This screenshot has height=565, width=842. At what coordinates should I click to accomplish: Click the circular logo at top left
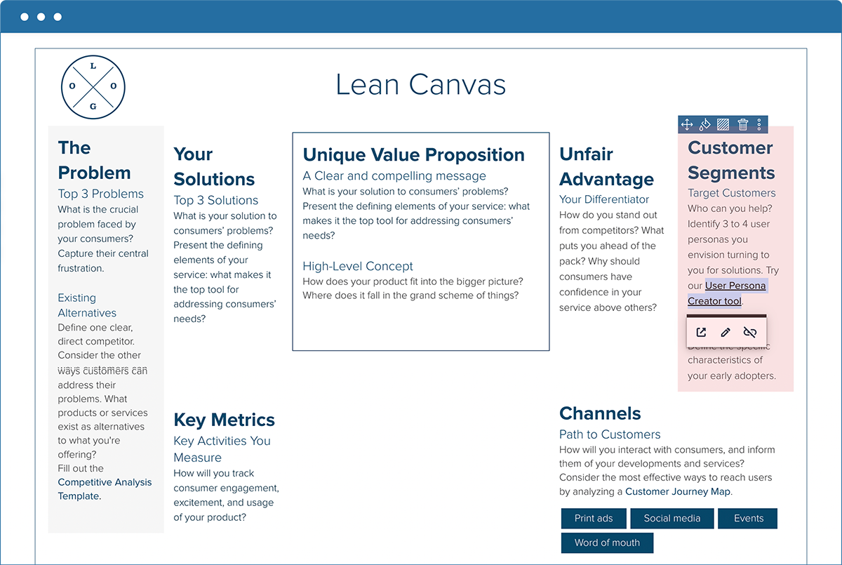(x=93, y=86)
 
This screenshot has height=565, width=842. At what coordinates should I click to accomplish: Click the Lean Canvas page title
(x=420, y=85)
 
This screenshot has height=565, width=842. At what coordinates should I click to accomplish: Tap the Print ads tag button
(x=594, y=519)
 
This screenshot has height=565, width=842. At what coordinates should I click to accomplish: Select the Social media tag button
(x=671, y=519)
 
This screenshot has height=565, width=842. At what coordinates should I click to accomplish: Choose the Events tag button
(x=748, y=519)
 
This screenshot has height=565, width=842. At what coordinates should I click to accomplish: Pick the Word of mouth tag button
(x=607, y=543)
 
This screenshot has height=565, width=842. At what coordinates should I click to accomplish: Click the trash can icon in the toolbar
(x=742, y=125)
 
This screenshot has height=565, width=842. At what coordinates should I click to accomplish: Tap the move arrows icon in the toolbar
(x=687, y=125)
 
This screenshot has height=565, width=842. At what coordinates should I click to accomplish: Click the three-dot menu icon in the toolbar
(x=759, y=125)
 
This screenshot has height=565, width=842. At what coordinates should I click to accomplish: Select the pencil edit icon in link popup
(x=726, y=332)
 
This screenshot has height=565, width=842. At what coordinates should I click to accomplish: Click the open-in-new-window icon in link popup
(x=701, y=332)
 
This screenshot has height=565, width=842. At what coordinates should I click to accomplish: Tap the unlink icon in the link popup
(x=750, y=332)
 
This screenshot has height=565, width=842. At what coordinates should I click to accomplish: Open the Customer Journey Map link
(x=678, y=492)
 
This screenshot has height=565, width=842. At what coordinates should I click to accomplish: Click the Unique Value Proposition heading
(x=413, y=155)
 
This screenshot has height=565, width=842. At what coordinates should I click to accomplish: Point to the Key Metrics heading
(x=224, y=420)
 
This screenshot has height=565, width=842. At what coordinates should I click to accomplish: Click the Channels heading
(x=600, y=413)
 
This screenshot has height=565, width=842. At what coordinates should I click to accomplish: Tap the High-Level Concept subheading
(x=358, y=267)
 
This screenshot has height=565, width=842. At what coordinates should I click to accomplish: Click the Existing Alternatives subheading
(x=87, y=305)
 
